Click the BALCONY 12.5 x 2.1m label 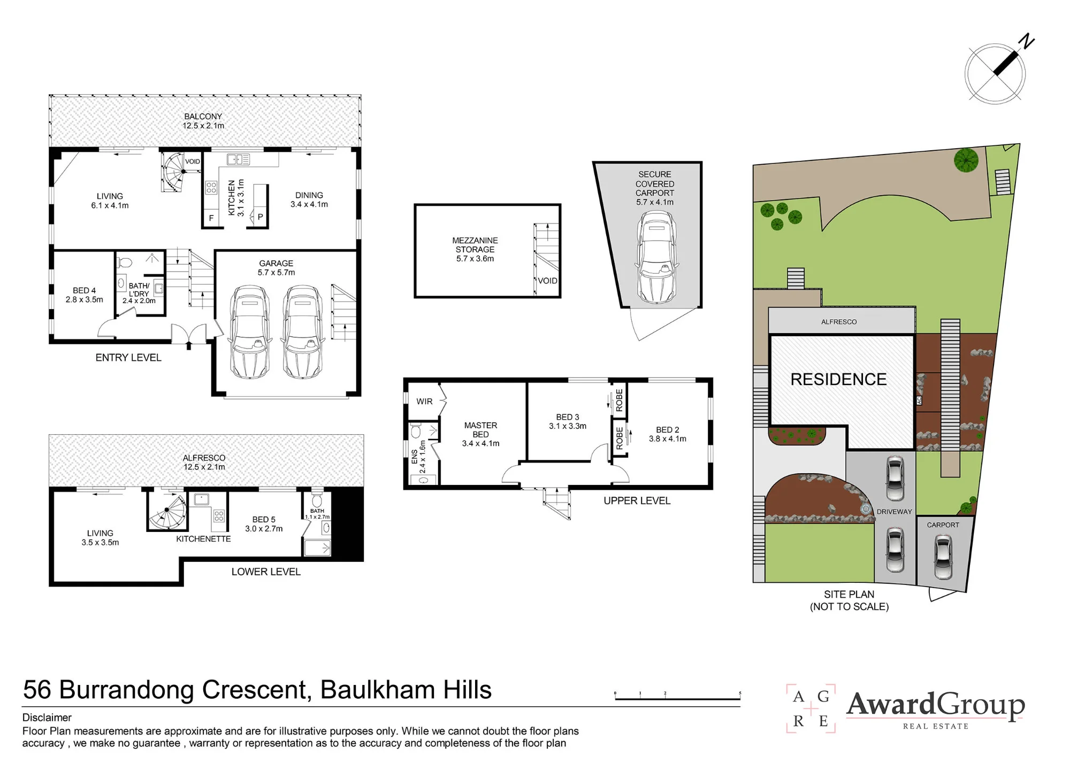pos(203,121)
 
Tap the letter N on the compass pos(1027,41)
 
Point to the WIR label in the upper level pos(424,402)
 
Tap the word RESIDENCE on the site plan pos(838,380)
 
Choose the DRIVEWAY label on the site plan pos(894,512)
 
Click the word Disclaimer pos(47,718)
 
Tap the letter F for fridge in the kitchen pos(211,218)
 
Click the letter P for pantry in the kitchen pos(260,217)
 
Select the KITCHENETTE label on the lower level pos(203,539)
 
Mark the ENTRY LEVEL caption pos(128,358)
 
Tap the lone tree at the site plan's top pos(966,160)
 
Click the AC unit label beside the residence pos(919,400)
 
